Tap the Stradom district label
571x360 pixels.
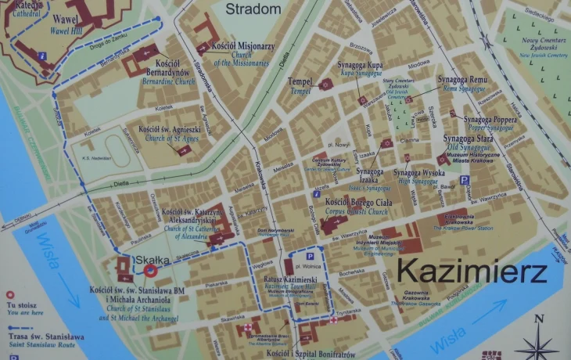point(253,9)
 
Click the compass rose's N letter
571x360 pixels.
point(538,319)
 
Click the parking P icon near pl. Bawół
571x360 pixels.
point(464,181)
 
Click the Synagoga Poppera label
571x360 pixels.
point(490,120)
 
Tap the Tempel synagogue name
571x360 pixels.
point(300,81)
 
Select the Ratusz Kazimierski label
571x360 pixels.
point(289,279)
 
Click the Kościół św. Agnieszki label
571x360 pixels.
point(171,129)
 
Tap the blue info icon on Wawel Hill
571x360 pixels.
point(42,56)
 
